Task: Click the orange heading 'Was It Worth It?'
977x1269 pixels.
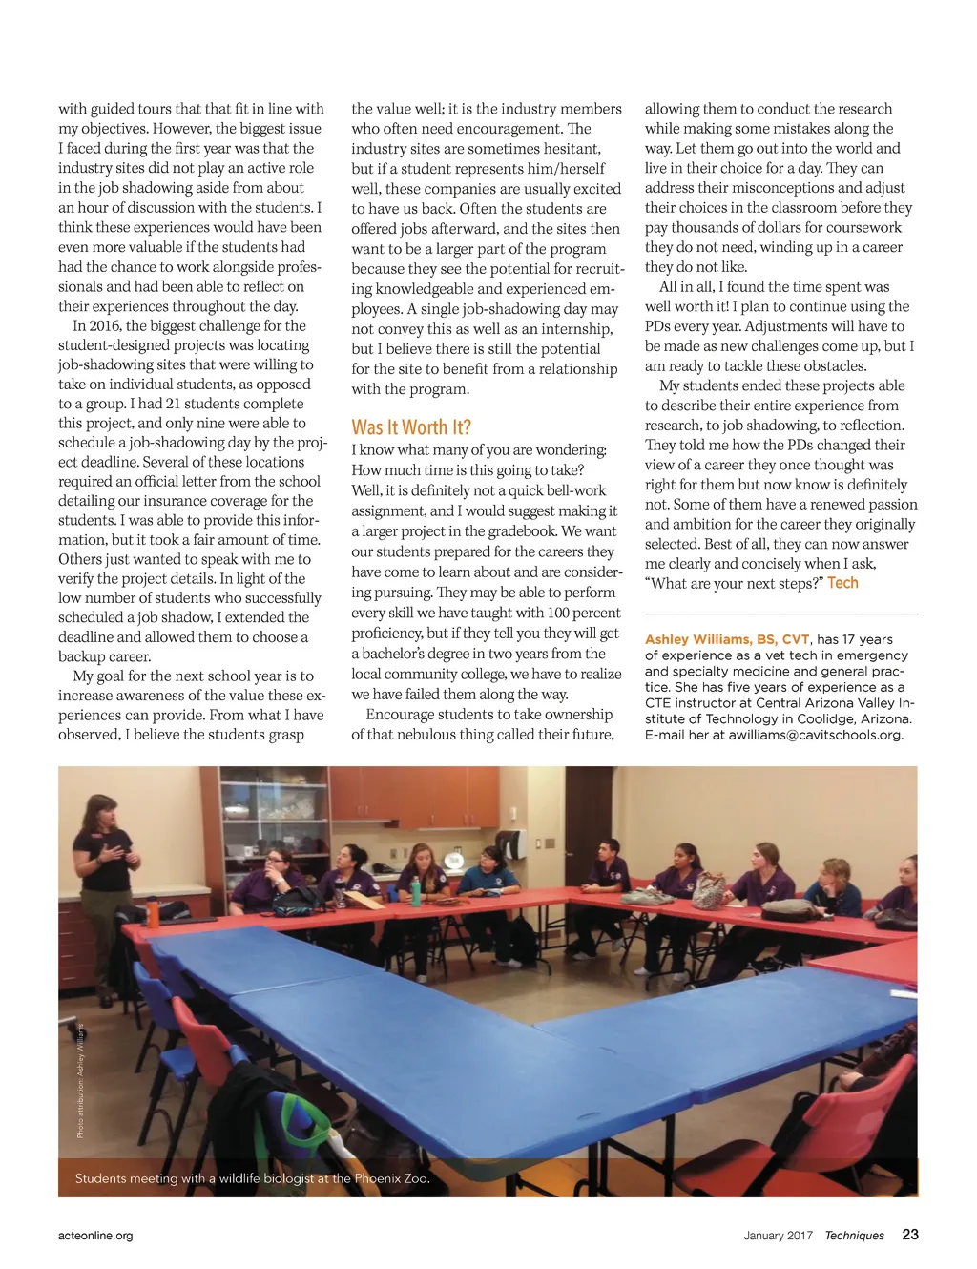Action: [x=411, y=426]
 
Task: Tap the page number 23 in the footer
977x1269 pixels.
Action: [x=910, y=1234]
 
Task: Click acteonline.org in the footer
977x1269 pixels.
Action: [x=95, y=1235]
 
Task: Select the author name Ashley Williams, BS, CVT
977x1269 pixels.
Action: [x=727, y=639]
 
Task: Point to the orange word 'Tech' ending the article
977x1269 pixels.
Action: [x=842, y=583]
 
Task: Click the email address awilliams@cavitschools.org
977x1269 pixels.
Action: [x=816, y=735]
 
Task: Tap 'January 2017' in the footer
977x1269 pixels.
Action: [x=778, y=1235]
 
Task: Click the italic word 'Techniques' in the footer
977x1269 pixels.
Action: [x=854, y=1235]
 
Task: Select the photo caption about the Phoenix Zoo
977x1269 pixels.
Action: [x=252, y=1178]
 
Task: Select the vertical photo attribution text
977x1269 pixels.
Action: [x=81, y=1080]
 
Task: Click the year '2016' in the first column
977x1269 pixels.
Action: [x=104, y=325]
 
